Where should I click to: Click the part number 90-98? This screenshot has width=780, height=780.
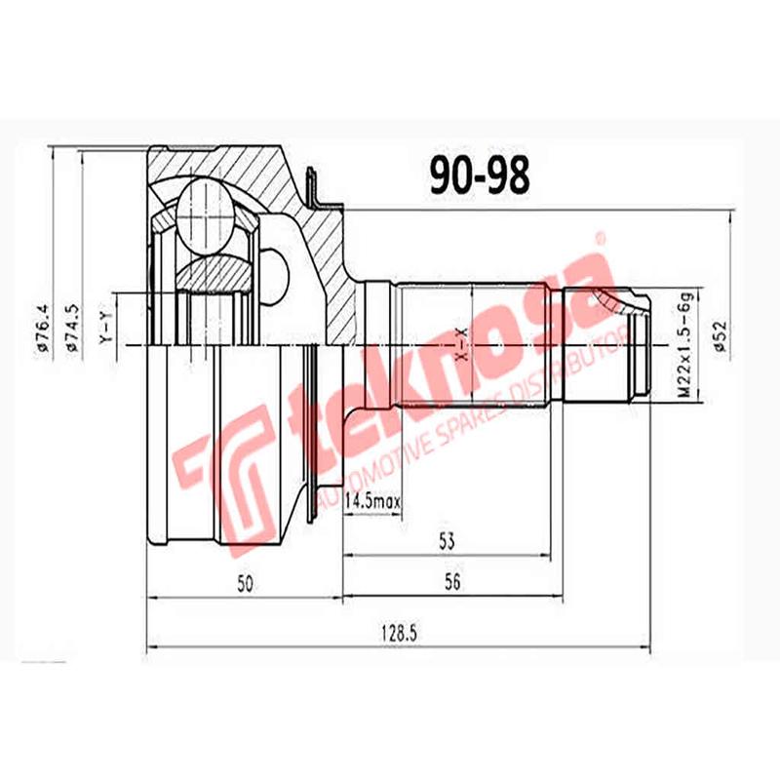(480, 175)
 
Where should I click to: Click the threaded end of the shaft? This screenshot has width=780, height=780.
(640, 341)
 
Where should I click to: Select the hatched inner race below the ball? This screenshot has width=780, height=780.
(215, 273)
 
